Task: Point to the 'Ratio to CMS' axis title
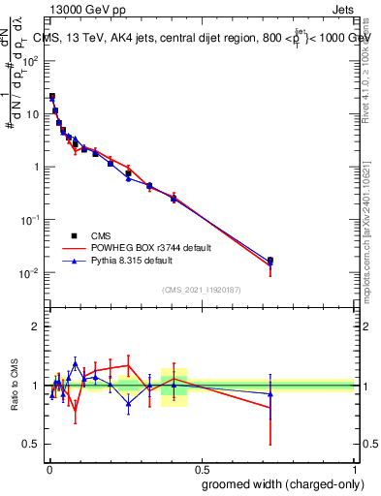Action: pyautogui.click(x=15, y=386)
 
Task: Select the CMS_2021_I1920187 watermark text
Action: pyautogui.click(x=202, y=290)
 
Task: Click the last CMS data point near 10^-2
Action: pyautogui.click(x=270, y=261)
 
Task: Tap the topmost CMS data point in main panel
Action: pyautogui.click(x=51, y=97)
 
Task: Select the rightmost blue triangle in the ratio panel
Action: pyautogui.click(x=270, y=393)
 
